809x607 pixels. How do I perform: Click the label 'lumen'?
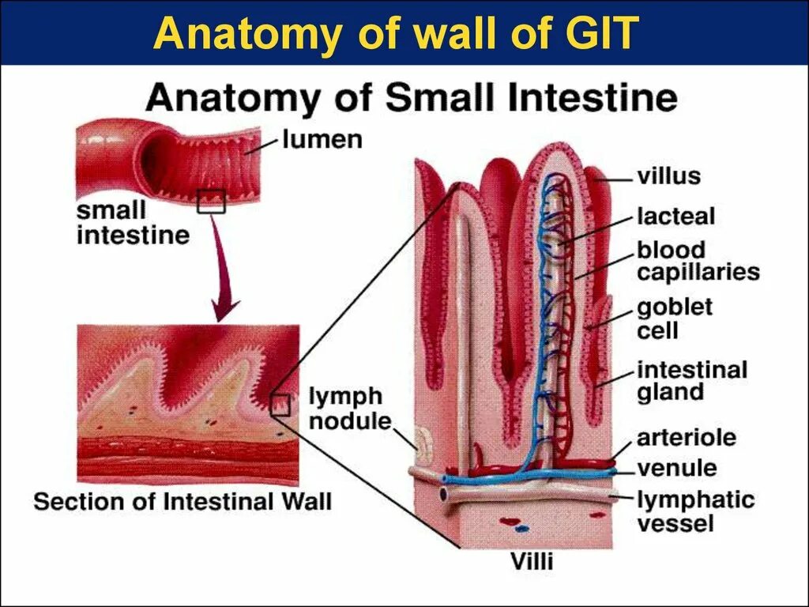322,141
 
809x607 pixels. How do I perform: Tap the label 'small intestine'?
133,223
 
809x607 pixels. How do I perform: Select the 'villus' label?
669,175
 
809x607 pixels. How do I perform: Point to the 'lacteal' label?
675,217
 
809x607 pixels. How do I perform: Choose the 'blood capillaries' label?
698,262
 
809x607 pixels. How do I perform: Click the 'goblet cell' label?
675,318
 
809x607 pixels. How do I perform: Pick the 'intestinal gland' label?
692,381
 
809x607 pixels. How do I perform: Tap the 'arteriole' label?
687,437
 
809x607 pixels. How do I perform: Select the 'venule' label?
677,467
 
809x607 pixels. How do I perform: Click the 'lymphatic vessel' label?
695,511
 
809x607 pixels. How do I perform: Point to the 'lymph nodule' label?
344,409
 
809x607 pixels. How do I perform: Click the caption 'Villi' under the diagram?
531,563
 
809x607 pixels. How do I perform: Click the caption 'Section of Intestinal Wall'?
182,502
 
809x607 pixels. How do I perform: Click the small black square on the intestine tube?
212,202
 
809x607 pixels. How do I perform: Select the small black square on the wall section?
280,405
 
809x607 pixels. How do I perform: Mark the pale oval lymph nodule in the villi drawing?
425,447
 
